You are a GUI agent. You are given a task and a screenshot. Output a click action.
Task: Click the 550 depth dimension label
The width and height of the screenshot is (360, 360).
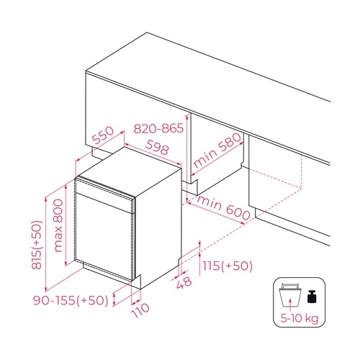point(104,135)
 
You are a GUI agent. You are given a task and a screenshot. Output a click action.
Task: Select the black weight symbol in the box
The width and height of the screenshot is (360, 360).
point(312,296)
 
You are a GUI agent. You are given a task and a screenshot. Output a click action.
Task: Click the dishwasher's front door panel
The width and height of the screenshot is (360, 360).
point(108,238)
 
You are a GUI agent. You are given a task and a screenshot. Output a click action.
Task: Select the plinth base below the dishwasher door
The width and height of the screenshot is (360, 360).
point(108,272)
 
